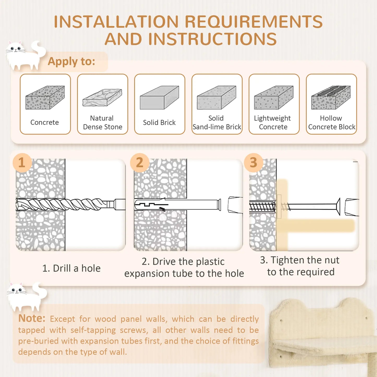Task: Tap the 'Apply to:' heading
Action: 71,62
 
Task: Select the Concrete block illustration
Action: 45,98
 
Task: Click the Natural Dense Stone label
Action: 103,122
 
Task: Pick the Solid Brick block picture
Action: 159,98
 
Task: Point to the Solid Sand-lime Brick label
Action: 217,122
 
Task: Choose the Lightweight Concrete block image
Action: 274,98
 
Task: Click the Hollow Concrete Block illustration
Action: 331,98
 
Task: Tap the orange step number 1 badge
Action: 22,163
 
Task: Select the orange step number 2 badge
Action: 140,163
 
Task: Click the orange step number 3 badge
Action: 253,163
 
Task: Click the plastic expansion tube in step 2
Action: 177,205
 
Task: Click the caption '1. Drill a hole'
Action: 71,268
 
